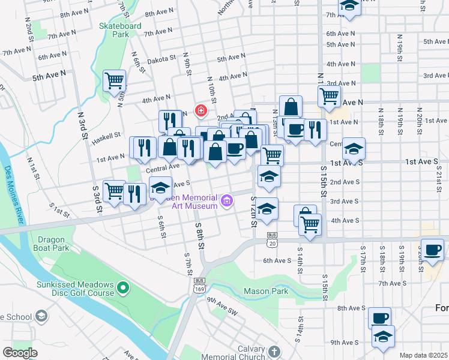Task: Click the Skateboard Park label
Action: [120, 30]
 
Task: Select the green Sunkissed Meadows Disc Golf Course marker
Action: [123, 289]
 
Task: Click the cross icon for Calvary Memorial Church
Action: [274, 350]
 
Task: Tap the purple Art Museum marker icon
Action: [226, 201]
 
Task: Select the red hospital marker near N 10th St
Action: [200, 111]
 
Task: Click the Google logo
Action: [20, 352]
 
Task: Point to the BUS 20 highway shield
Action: [272, 239]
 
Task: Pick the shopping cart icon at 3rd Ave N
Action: [329, 95]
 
